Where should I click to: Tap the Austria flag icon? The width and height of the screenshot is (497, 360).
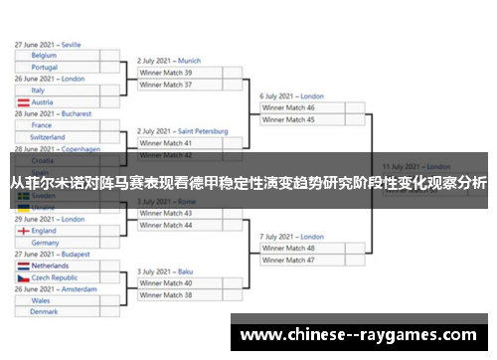click(x=23, y=102)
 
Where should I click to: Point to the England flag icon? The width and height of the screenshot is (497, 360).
click(x=23, y=231)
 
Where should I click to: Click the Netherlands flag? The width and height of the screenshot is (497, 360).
click(x=23, y=267)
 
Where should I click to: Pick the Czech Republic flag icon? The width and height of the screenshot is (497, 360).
click(x=23, y=278)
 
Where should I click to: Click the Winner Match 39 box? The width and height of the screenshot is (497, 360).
click(x=179, y=73)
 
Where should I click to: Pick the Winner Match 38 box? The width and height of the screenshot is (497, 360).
click(x=179, y=295)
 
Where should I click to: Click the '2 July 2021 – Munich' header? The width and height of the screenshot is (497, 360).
click(x=169, y=61)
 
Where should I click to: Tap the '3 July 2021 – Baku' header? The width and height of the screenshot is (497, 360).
click(x=165, y=271)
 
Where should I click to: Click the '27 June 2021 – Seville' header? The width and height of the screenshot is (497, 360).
click(x=48, y=45)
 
